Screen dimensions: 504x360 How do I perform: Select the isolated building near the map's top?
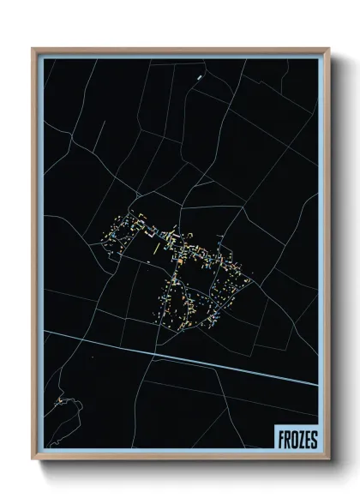[199, 77]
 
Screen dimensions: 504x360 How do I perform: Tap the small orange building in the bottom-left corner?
[59, 400]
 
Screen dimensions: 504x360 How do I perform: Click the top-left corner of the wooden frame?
[34, 49]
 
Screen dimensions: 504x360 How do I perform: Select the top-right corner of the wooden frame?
[328, 49]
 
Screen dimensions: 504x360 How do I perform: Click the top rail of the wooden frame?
[180, 49]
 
